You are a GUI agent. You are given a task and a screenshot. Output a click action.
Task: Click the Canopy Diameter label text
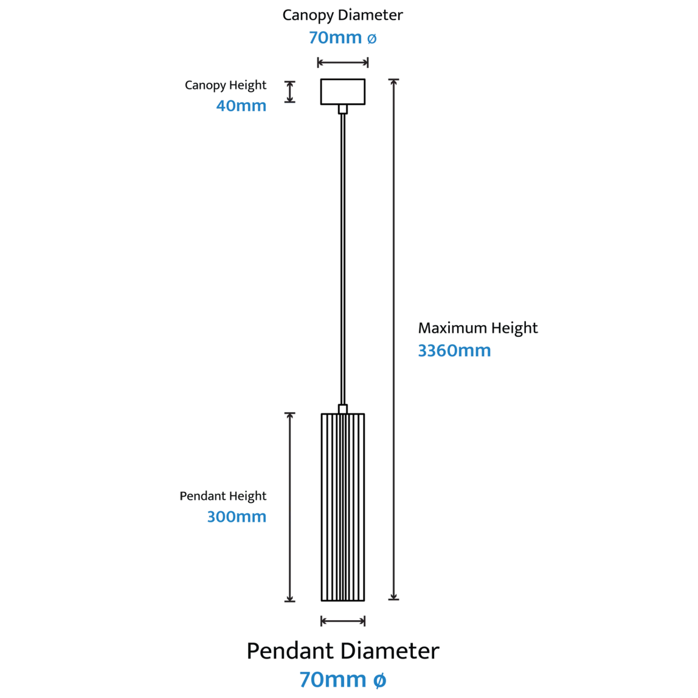[342, 16]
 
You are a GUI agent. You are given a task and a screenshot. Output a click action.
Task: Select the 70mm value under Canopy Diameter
[335, 38]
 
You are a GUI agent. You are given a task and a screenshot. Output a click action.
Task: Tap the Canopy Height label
[225, 85]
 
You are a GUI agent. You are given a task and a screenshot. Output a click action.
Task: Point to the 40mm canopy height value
[241, 106]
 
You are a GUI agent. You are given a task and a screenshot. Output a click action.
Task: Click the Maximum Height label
[478, 328]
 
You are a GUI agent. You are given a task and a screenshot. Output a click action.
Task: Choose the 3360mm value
[454, 351]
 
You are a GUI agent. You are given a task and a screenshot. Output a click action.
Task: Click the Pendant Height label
[223, 496]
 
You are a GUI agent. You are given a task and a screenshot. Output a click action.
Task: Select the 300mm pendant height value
[237, 517]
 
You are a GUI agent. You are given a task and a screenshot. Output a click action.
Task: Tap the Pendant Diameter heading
[343, 651]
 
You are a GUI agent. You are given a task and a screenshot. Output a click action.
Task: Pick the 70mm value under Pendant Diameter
[333, 680]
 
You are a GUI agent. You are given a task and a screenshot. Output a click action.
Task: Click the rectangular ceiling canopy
[343, 92]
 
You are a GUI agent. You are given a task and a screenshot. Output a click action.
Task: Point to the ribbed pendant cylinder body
[343, 507]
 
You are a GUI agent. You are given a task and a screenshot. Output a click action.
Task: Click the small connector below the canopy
[343, 109]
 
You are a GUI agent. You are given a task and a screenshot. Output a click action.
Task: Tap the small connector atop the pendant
[343, 409]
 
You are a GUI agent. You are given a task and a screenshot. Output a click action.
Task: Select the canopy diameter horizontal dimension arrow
[343, 62]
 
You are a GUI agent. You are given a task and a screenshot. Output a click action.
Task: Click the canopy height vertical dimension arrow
[290, 92]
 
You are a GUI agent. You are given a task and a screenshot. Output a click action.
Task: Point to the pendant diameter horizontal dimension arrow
[343, 621]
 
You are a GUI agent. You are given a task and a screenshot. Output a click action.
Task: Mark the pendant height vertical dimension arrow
[290, 507]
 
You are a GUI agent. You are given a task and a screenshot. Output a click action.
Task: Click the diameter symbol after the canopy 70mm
[371, 39]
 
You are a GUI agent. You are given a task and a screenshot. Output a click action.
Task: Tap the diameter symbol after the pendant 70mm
[379, 680]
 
